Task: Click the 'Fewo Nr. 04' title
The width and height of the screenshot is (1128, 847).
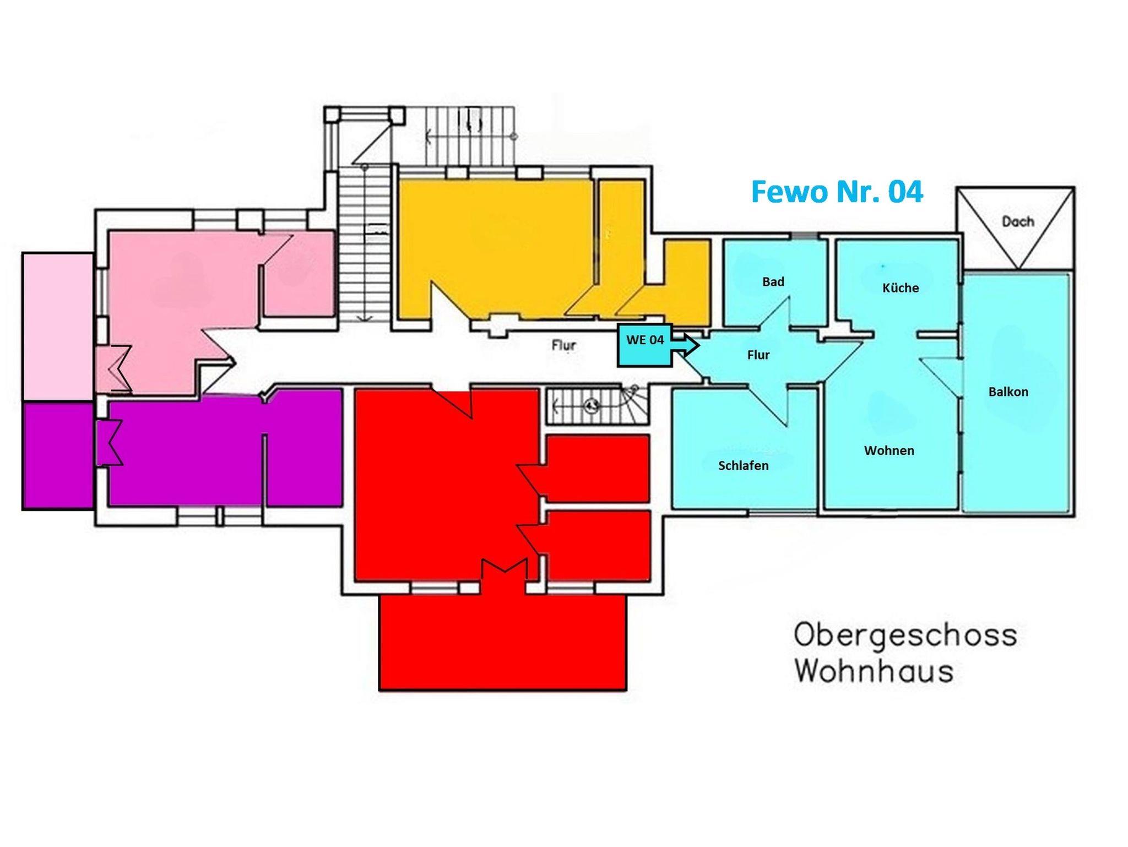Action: tap(837, 192)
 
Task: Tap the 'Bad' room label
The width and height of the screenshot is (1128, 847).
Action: tap(773, 281)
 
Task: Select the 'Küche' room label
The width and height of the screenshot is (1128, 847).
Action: tap(901, 287)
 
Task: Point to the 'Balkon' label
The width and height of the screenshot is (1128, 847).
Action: tap(1008, 392)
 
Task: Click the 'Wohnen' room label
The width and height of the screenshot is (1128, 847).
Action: tap(889, 450)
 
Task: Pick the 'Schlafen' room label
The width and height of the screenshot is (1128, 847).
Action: tap(743, 465)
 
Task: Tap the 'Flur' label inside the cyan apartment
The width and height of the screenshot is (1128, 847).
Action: tap(758, 355)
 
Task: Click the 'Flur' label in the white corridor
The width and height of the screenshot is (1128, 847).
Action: tap(563, 345)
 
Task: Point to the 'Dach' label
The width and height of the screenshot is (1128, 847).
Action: tap(1018, 221)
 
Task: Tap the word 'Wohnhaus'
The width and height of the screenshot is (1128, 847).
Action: tap(874, 671)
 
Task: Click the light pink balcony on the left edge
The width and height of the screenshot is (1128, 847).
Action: tap(58, 327)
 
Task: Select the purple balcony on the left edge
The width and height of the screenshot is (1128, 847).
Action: tap(58, 455)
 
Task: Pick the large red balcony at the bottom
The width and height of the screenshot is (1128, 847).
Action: tap(503, 642)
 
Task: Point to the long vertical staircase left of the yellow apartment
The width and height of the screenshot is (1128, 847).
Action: tap(364, 245)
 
